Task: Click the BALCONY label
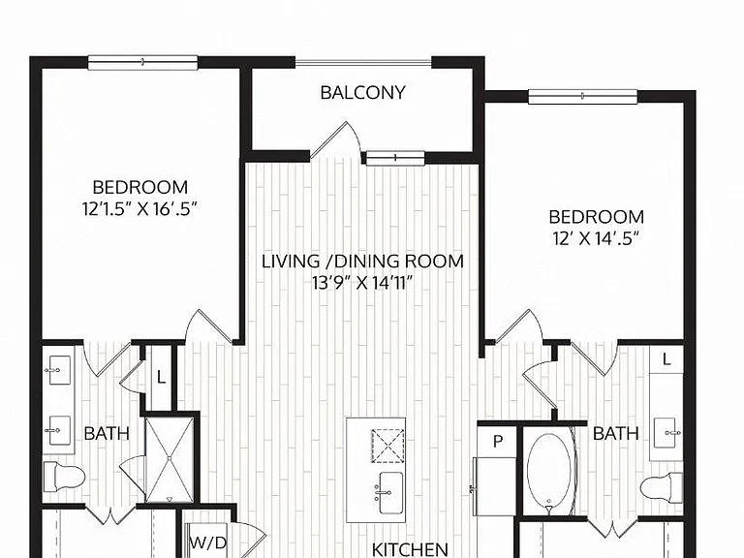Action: point(363,93)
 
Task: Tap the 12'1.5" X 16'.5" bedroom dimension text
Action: point(139,209)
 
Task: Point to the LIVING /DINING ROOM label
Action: point(363,262)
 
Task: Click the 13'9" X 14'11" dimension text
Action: point(362,283)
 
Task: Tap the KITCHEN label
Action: point(410,550)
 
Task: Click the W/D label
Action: point(208,542)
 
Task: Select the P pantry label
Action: point(498,442)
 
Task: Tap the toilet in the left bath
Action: point(64,477)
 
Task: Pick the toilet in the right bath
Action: point(662,487)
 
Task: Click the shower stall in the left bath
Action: point(170,459)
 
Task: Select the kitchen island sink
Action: point(391,492)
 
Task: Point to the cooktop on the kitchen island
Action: point(387,446)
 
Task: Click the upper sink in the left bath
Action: point(59,370)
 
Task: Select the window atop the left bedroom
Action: point(142,63)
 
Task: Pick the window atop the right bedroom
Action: point(582,97)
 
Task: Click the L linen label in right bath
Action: point(666,359)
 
